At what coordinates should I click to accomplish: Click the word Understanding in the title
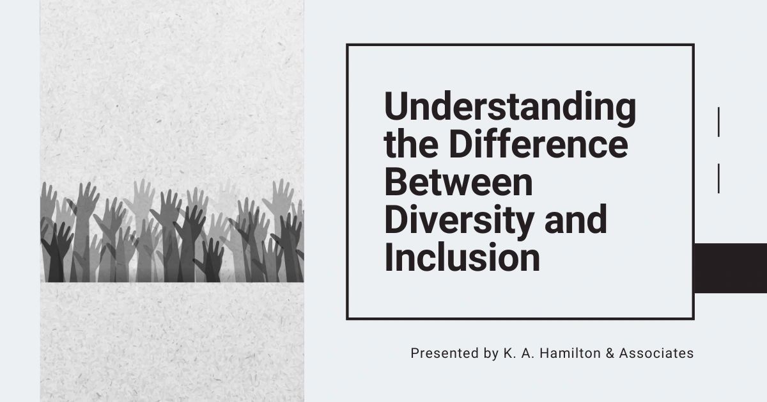(509, 108)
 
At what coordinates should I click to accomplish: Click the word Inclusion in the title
(461, 257)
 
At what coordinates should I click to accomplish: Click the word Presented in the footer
(440, 353)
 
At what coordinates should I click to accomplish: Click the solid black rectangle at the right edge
(730, 268)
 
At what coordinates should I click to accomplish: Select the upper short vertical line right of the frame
(719, 122)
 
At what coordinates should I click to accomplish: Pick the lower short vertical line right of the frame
(719, 178)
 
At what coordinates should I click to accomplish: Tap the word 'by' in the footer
(488, 353)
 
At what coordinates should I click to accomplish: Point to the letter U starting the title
(395, 108)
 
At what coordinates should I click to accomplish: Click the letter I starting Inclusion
(389, 257)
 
